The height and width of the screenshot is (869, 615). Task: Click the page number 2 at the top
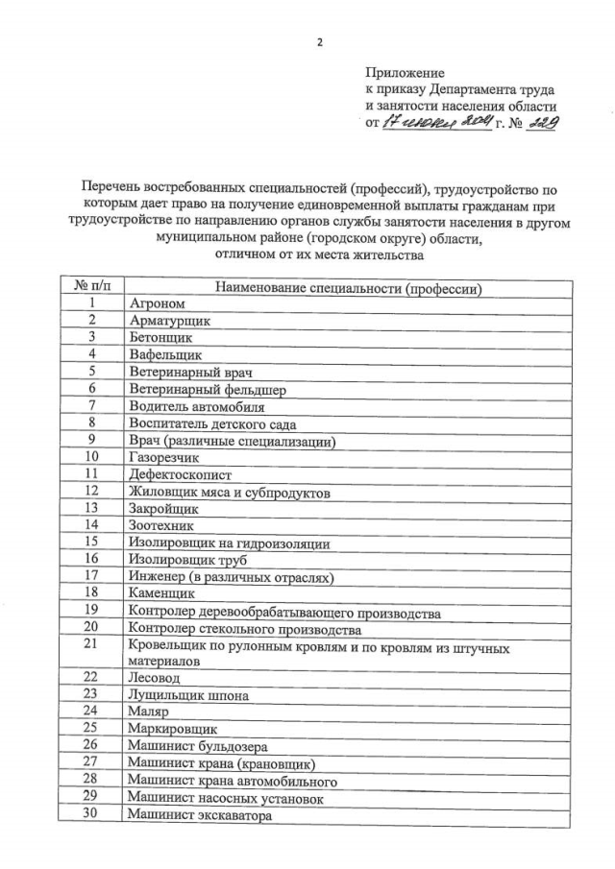coord(319,43)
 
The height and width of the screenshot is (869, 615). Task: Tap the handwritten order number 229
coord(544,123)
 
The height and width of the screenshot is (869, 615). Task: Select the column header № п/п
coord(92,287)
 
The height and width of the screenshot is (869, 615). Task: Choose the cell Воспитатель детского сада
coord(212,423)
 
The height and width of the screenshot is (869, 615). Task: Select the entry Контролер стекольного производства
coord(245,629)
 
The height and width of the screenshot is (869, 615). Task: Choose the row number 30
coord(92,815)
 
